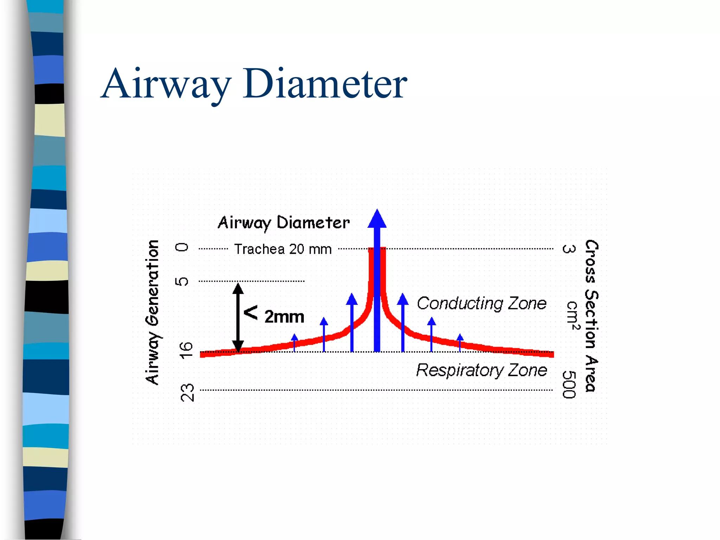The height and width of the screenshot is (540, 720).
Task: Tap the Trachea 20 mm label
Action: pos(283,249)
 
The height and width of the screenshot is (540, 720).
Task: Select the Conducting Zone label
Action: pos(481,303)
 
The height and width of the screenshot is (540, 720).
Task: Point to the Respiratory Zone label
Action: pos(481,370)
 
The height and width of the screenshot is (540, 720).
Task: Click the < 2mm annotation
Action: pos(274,315)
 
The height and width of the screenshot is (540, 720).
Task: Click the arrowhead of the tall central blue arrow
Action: pos(377,219)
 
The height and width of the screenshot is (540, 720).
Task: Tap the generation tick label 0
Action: pos(182,247)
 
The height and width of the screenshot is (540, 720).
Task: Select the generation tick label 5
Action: pos(182,281)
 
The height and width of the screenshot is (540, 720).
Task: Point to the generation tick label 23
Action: pos(187,393)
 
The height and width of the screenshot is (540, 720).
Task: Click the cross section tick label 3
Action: pos(569,249)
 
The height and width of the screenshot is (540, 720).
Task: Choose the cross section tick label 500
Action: pos(569,385)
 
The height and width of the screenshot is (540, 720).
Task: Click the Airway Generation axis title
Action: pos(153,312)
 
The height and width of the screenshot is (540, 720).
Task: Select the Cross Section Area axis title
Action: pos(591,316)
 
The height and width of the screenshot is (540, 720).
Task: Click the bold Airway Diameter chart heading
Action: pos(283,223)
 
